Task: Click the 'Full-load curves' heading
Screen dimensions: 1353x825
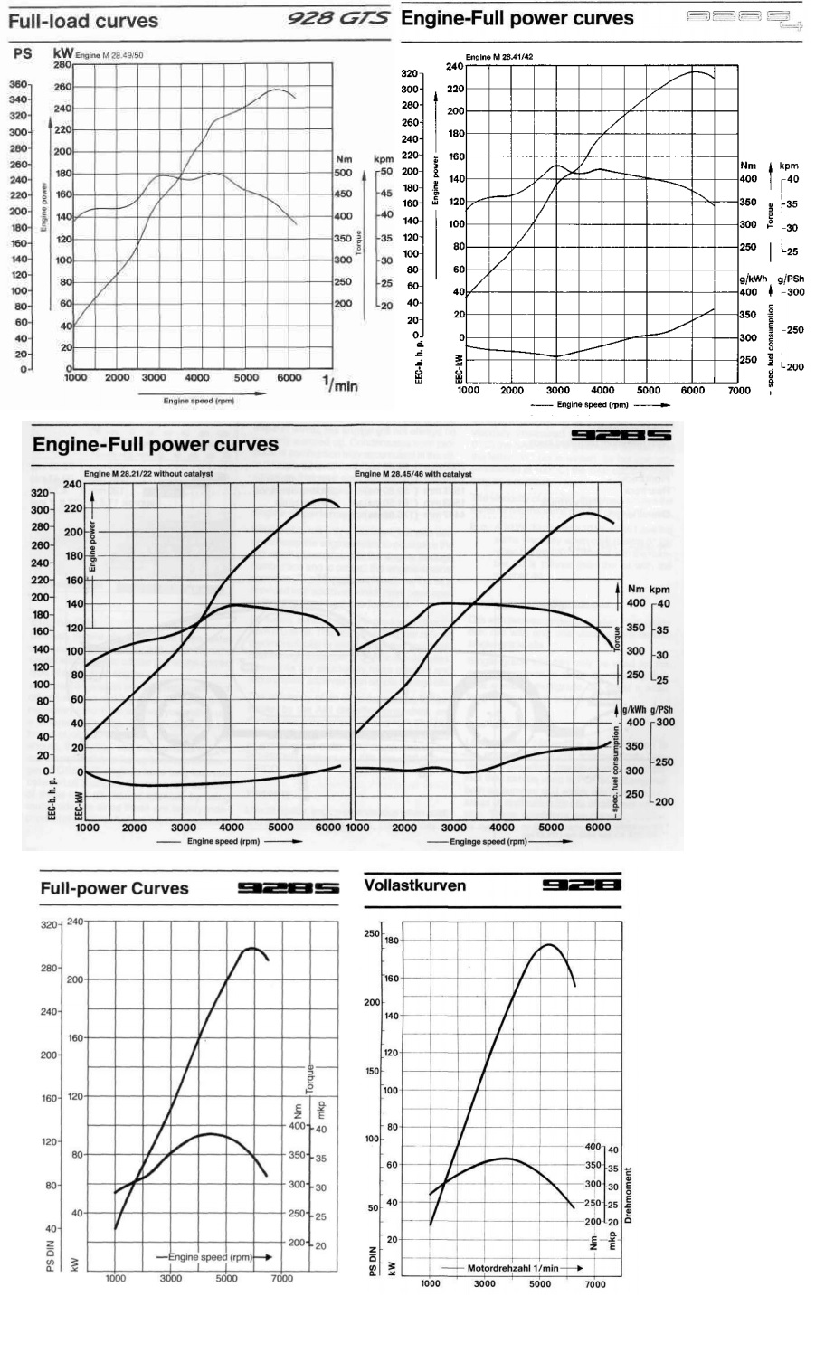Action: click(x=83, y=21)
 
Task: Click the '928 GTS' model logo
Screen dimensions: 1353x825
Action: click(x=338, y=19)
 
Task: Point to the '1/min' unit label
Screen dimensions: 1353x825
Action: click(x=340, y=385)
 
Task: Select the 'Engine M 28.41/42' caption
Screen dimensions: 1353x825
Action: click(x=498, y=57)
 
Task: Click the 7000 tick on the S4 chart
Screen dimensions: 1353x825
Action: click(x=739, y=390)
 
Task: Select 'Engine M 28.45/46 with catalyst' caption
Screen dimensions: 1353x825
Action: click(x=413, y=474)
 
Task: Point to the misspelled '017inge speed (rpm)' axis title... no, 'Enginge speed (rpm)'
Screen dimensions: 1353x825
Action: click(x=488, y=841)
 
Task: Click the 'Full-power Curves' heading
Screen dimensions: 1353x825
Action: click(x=114, y=888)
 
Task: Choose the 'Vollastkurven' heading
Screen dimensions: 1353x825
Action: click(x=415, y=885)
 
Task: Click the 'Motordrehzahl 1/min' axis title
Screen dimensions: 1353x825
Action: click(x=513, y=1268)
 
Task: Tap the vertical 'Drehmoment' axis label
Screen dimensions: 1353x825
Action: click(x=628, y=1194)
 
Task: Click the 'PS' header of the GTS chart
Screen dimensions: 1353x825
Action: click(x=23, y=54)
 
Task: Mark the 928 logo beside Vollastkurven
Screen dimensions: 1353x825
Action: click(x=582, y=885)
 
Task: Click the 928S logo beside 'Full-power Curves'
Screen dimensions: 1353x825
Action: click(x=289, y=888)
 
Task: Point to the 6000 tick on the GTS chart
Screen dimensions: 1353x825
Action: click(x=289, y=378)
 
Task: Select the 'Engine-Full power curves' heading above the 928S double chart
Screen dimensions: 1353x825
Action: click(x=156, y=444)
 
